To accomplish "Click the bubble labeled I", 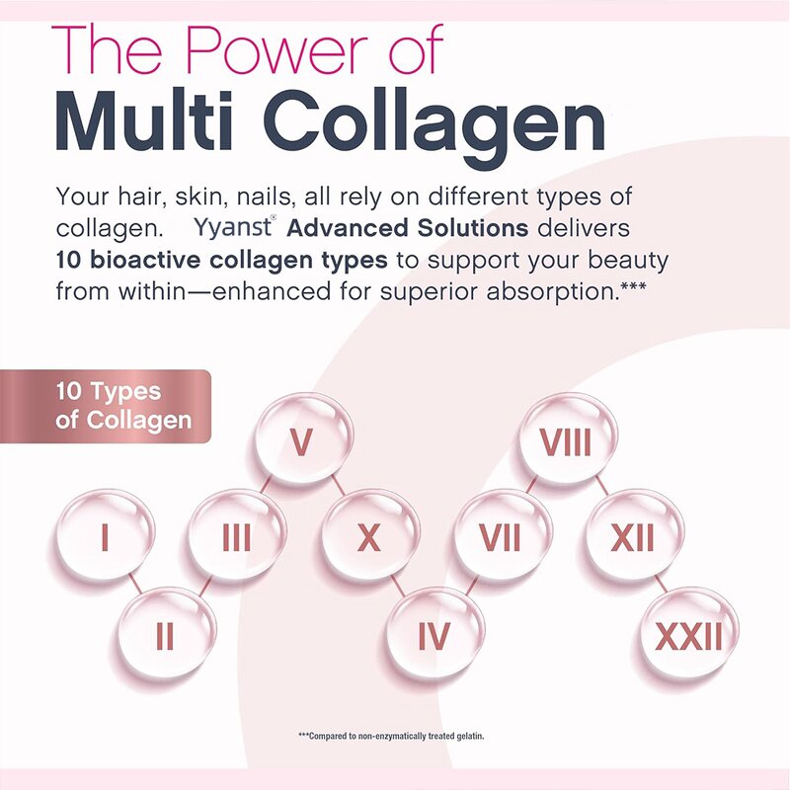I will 105,537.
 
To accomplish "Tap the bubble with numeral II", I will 166,634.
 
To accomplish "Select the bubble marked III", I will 237,537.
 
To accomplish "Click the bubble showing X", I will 369,537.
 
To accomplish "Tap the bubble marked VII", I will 502,537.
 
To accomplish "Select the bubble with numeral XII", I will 633,537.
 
